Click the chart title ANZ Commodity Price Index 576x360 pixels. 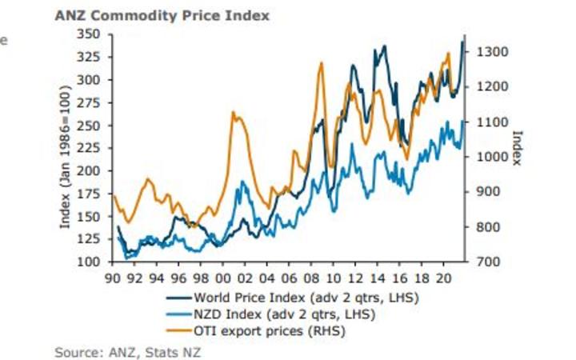[162, 15]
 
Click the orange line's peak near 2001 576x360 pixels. [234, 112]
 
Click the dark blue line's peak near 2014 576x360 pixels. [384, 46]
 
